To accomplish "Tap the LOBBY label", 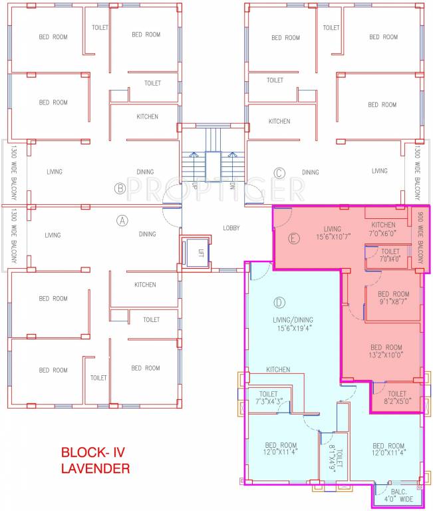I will pos(232,228).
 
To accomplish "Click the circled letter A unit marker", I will pos(122,221).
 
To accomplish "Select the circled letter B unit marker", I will pos(120,188).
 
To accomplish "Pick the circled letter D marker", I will pos(279,303).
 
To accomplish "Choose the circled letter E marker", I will pos(293,238).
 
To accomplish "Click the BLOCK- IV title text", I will pos(92,452).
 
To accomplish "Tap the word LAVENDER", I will pos(95,468).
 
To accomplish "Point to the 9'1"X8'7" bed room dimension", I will pos(393,302).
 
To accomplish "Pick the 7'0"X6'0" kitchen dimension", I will pos(384,234).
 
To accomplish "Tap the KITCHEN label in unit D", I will pos(278,369).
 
